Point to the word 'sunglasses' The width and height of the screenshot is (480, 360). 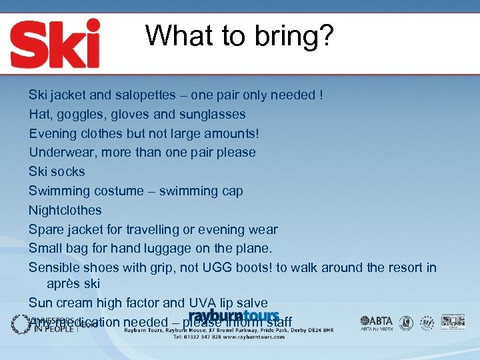click(212, 114)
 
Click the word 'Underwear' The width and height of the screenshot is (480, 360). click(59, 152)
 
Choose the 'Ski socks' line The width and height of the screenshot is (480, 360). click(57, 171)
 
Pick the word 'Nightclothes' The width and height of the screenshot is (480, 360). click(65, 210)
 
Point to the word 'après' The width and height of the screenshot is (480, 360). click(63, 284)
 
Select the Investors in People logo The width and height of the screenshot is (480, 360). click(53, 323)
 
